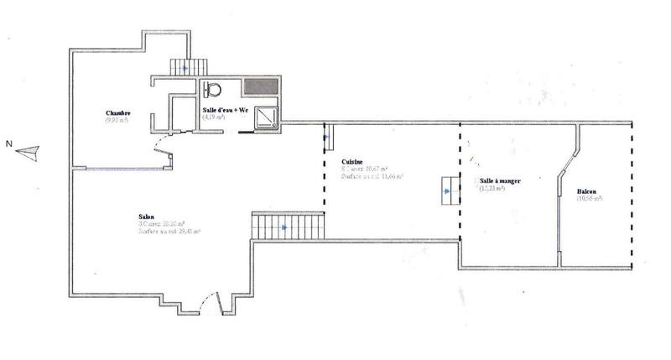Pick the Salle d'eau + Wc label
[225, 110]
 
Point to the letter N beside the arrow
[8, 143]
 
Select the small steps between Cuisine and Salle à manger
[450, 191]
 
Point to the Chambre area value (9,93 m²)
[117, 121]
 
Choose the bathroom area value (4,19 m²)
[214, 117]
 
